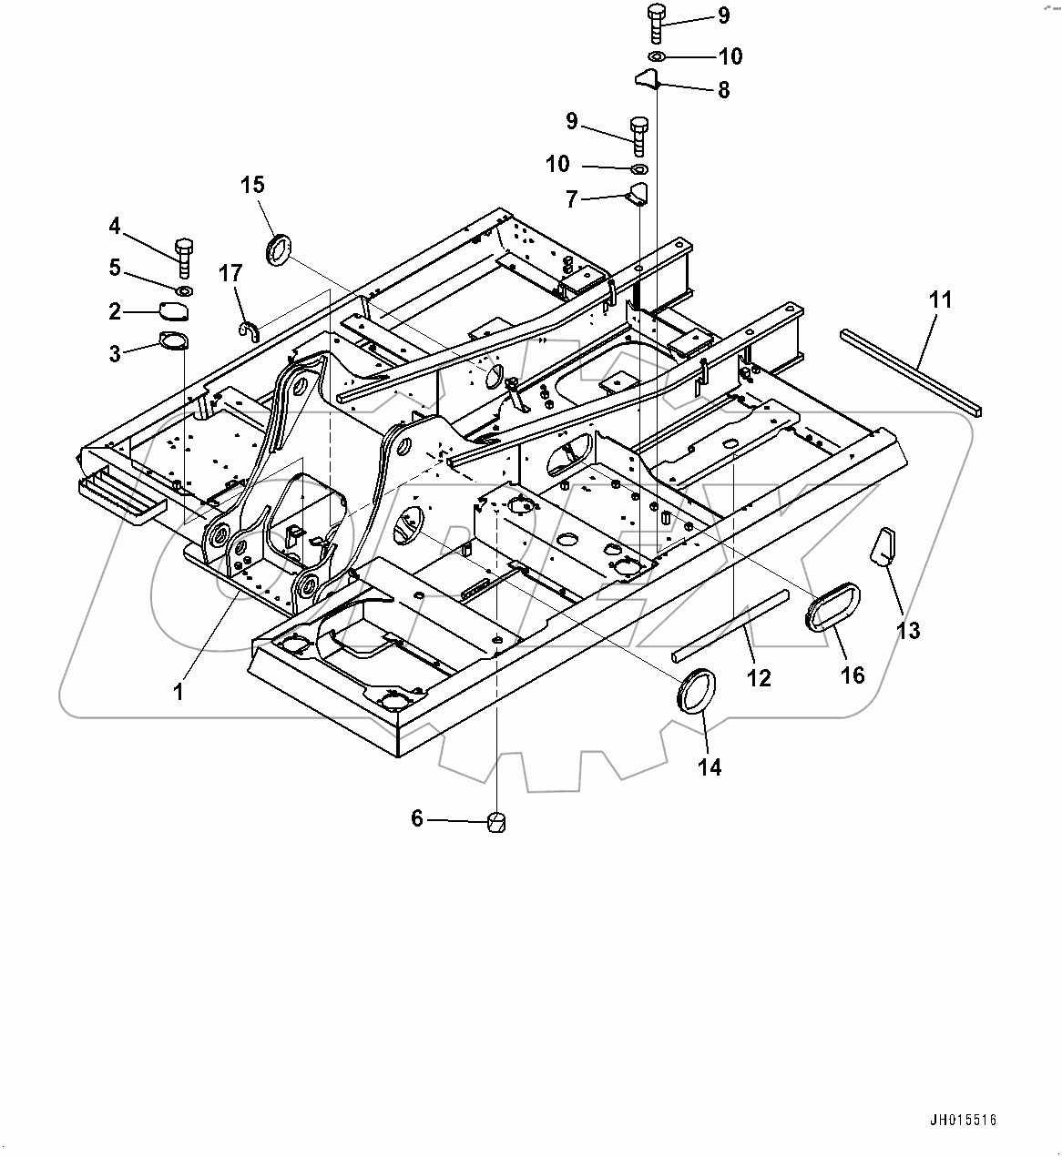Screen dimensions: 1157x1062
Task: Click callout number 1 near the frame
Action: pos(179,692)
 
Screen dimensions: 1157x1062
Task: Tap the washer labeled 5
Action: pos(183,290)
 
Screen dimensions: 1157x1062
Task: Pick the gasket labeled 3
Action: pos(171,342)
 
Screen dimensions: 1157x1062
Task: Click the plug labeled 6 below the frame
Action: pos(495,822)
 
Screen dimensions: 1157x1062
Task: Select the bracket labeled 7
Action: pos(637,195)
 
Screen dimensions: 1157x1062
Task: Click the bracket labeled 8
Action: pos(647,80)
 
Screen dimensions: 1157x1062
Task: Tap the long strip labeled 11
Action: pos(911,373)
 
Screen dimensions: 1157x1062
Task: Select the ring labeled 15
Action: pos(279,249)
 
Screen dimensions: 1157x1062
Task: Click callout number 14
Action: pos(709,767)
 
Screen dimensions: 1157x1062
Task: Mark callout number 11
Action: pos(941,299)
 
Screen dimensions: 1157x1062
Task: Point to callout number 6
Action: pos(417,819)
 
